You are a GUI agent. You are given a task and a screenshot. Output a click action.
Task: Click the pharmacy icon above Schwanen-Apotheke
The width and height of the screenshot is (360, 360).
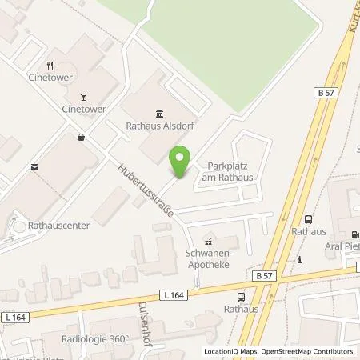point(210,240)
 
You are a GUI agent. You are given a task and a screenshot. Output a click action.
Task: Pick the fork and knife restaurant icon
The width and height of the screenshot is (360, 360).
point(50,66)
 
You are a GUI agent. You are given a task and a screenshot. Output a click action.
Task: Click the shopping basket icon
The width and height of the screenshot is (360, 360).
point(82,137)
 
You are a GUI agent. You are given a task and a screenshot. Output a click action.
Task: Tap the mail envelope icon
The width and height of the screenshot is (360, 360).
point(34,168)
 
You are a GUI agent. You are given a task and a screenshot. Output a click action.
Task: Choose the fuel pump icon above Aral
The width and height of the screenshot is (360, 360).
point(353,235)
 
